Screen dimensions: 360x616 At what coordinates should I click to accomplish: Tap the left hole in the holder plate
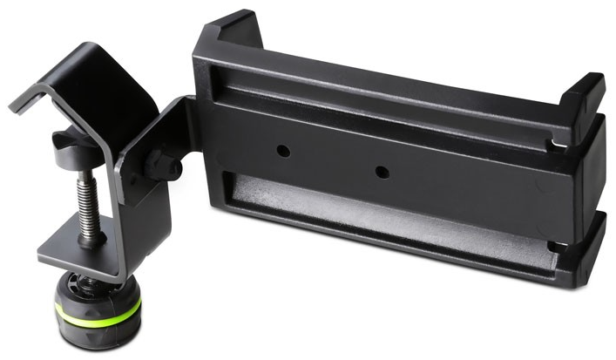[x=283, y=150]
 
